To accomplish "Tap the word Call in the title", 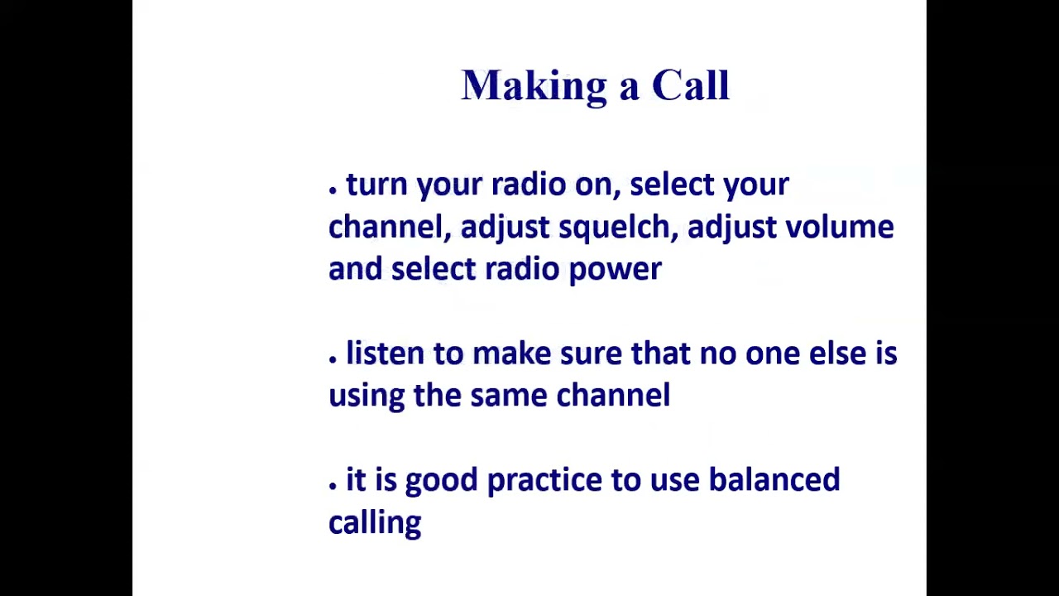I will (x=690, y=86).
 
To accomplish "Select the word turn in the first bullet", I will (x=376, y=185).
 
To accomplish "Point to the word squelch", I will (x=618, y=228).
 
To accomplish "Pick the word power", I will (x=615, y=270).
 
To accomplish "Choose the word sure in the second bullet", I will (x=590, y=354).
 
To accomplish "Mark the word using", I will (x=366, y=397).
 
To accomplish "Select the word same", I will (x=508, y=396).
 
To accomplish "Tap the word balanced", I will (x=774, y=480).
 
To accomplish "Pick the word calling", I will (x=375, y=523).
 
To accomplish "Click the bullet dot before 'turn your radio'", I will (x=333, y=190).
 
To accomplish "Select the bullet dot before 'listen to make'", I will (x=333, y=358).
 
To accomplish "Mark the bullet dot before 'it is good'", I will (x=333, y=485).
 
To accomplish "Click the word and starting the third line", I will (x=355, y=269).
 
